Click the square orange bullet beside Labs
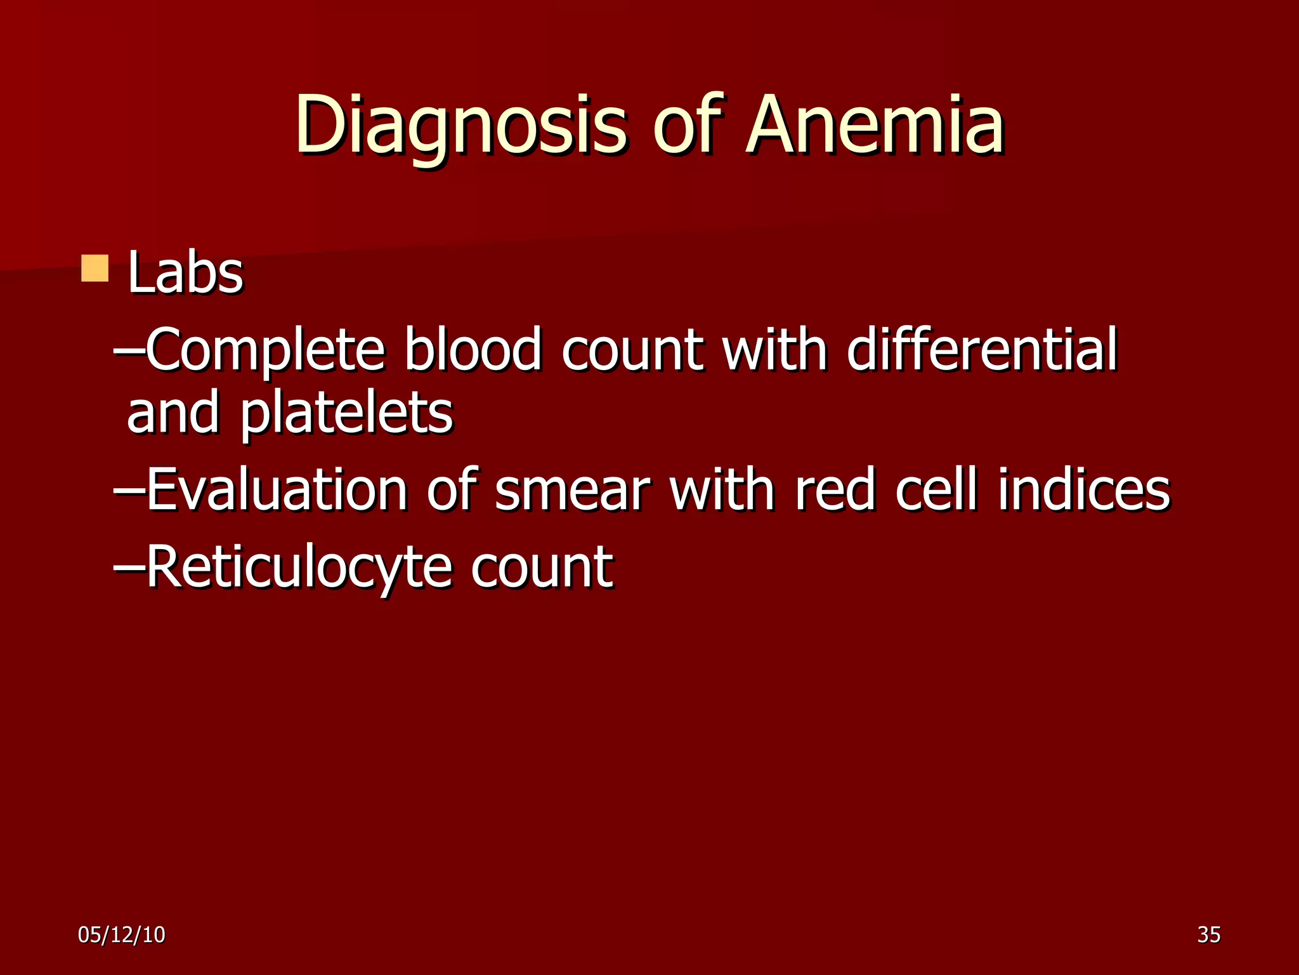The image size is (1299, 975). pyautogui.click(x=95, y=269)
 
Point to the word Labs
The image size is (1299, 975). pyautogui.click(x=185, y=273)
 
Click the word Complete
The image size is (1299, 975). pyautogui.click(x=266, y=351)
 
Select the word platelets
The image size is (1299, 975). pyautogui.click(x=346, y=415)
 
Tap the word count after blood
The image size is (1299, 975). pyautogui.click(x=632, y=351)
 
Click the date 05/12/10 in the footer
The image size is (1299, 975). pyautogui.click(x=122, y=934)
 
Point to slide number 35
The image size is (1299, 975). pyautogui.click(x=1209, y=934)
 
